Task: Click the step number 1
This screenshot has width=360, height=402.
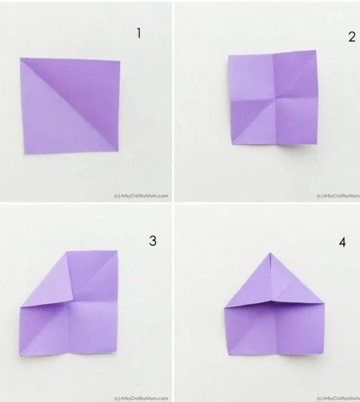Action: (139, 34)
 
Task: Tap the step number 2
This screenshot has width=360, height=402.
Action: (352, 37)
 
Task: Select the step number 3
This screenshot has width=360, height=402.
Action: (153, 241)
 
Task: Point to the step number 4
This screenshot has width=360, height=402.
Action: (342, 242)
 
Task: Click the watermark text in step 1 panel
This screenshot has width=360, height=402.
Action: (141, 196)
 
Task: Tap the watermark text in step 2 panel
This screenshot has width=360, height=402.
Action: (338, 196)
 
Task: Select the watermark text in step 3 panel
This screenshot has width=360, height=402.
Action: (141, 398)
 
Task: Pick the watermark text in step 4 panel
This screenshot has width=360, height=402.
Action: (338, 398)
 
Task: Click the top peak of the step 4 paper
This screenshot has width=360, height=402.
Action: (270, 253)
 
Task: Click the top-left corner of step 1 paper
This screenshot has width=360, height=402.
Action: (20, 58)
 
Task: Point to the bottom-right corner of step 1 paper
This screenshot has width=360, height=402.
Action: (118, 151)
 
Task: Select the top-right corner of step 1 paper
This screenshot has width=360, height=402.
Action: (120, 61)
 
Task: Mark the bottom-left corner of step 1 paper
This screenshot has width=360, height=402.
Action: (25, 154)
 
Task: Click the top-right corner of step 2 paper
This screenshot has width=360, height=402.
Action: (316, 50)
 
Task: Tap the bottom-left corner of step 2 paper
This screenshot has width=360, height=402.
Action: (232, 144)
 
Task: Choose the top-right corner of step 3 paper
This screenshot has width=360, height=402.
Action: (117, 251)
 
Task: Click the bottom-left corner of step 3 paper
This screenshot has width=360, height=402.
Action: (20, 355)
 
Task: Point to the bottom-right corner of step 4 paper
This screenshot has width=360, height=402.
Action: (323, 353)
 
